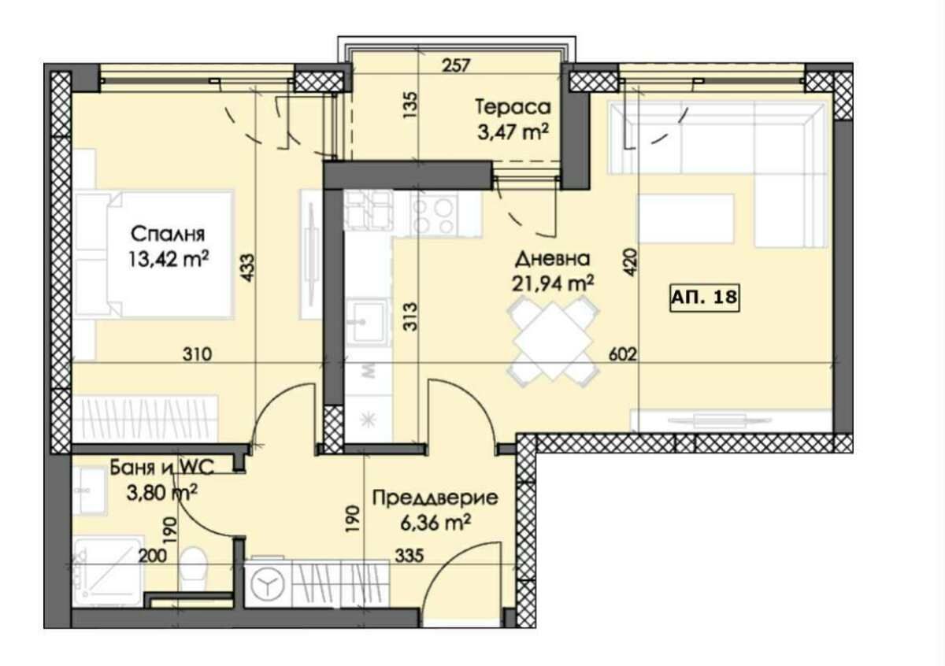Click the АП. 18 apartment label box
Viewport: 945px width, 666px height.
[x=704, y=298]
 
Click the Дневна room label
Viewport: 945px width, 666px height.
[x=552, y=259]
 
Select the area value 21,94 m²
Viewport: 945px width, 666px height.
[x=554, y=283]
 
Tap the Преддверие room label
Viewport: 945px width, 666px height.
[x=423, y=498]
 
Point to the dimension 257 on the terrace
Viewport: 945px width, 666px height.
[x=456, y=65]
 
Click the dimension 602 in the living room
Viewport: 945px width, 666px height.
[x=621, y=355]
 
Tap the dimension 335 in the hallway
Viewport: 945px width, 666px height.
[x=409, y=556]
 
